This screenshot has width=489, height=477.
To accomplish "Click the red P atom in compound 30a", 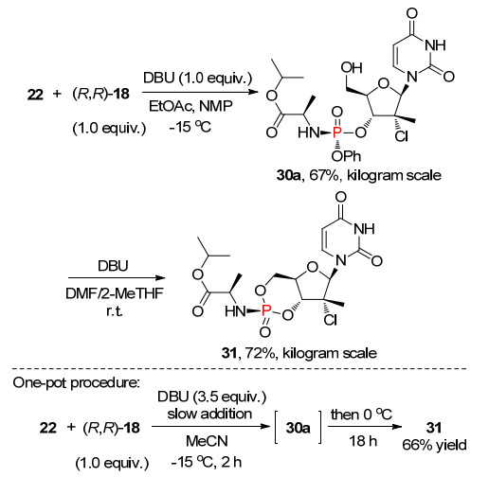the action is (337, 132).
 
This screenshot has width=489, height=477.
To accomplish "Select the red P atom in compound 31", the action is (266, 311).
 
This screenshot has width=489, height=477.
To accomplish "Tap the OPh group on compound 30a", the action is (347, 156).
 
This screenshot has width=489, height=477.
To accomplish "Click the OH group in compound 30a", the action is (352, 68).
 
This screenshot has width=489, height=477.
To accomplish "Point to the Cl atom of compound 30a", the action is (401, 136).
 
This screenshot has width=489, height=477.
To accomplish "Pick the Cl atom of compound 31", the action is (331, 320).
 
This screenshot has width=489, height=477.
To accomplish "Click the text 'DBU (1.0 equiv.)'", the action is (198, 78).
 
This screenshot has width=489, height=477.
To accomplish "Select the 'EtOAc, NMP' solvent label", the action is (190, 106).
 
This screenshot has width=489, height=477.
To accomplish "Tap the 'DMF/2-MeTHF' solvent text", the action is (115, 293).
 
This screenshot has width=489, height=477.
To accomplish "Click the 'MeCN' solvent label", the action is (207, 441).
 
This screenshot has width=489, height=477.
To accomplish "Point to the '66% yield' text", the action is (434, 445).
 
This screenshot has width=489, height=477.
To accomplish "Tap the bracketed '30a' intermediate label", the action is (298, 428).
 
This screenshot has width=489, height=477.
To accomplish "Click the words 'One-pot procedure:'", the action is (76, 382).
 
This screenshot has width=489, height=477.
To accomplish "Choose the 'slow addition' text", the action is (209, 414).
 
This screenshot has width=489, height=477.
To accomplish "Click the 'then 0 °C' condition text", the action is (361, 415).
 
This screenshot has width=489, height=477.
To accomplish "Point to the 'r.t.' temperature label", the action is (115, 311).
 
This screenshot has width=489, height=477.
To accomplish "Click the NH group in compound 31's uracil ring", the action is (364, 229).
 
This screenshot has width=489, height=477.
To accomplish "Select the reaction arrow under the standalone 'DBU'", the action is (117, 278).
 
